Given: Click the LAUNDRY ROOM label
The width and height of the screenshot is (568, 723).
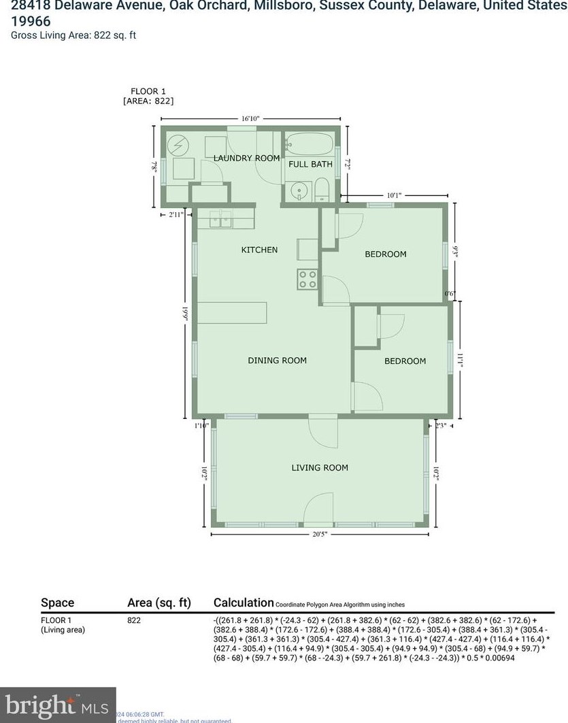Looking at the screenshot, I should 246,158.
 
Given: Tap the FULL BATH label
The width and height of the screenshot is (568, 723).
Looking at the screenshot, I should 310,164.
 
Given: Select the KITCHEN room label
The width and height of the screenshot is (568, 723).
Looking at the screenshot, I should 259,250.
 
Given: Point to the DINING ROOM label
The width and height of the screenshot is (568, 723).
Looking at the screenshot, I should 277,360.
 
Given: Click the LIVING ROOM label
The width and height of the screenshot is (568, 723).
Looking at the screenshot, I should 320,467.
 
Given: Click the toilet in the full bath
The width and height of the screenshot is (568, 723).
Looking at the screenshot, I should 322,188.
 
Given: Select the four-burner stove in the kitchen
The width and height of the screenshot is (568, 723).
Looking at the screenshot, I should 307,279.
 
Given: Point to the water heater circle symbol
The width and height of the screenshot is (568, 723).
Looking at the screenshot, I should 178,145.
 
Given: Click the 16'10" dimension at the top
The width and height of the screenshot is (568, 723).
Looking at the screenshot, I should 249,118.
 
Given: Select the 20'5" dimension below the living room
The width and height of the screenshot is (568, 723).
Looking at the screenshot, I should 320,534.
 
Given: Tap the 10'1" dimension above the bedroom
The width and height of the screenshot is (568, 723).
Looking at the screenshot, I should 394,195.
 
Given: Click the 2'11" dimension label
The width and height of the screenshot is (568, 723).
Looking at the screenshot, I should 176,215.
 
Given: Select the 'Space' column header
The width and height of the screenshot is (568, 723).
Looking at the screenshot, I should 58,603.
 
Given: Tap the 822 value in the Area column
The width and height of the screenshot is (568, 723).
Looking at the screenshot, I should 135,620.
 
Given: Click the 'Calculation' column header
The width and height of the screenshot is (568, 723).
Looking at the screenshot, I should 243,603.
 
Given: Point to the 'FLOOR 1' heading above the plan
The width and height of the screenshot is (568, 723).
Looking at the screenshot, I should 148,91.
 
